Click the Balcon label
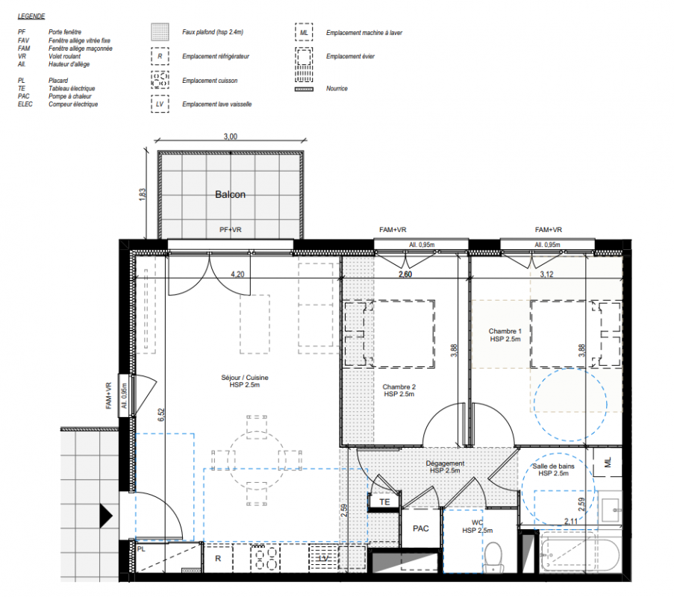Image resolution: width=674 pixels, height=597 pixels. [230, 195]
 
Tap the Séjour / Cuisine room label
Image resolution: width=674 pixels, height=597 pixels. [245, 381]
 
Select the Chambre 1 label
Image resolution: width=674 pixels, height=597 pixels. [505, 335]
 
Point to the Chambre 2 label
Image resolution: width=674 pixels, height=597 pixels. [399, 390]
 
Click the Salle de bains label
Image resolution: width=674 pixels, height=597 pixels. [553, 470]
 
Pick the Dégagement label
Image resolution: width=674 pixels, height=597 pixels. [445, 466]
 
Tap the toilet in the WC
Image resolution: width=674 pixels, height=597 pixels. [493, 557]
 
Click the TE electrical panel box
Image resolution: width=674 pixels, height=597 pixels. [384, 502]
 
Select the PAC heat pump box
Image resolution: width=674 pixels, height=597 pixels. [420, 528]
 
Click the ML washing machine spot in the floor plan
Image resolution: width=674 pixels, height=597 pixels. [608, 463]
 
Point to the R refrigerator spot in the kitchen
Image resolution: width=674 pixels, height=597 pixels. [218, 558]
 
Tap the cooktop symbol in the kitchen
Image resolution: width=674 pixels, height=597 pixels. [265, 558]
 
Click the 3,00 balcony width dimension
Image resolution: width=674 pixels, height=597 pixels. [231, 137]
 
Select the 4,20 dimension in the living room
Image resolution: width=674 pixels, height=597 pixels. [237, 274]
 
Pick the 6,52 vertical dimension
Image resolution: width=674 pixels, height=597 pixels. [161, 415]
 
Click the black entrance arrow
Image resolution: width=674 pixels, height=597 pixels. [106, 516]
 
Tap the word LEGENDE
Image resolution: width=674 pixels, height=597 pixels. [31, 16]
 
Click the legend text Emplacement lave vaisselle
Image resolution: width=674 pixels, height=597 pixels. [216, 104]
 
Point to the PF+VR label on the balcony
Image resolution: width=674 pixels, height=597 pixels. [231, 230]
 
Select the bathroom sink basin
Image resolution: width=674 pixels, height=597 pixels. [610, 510]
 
